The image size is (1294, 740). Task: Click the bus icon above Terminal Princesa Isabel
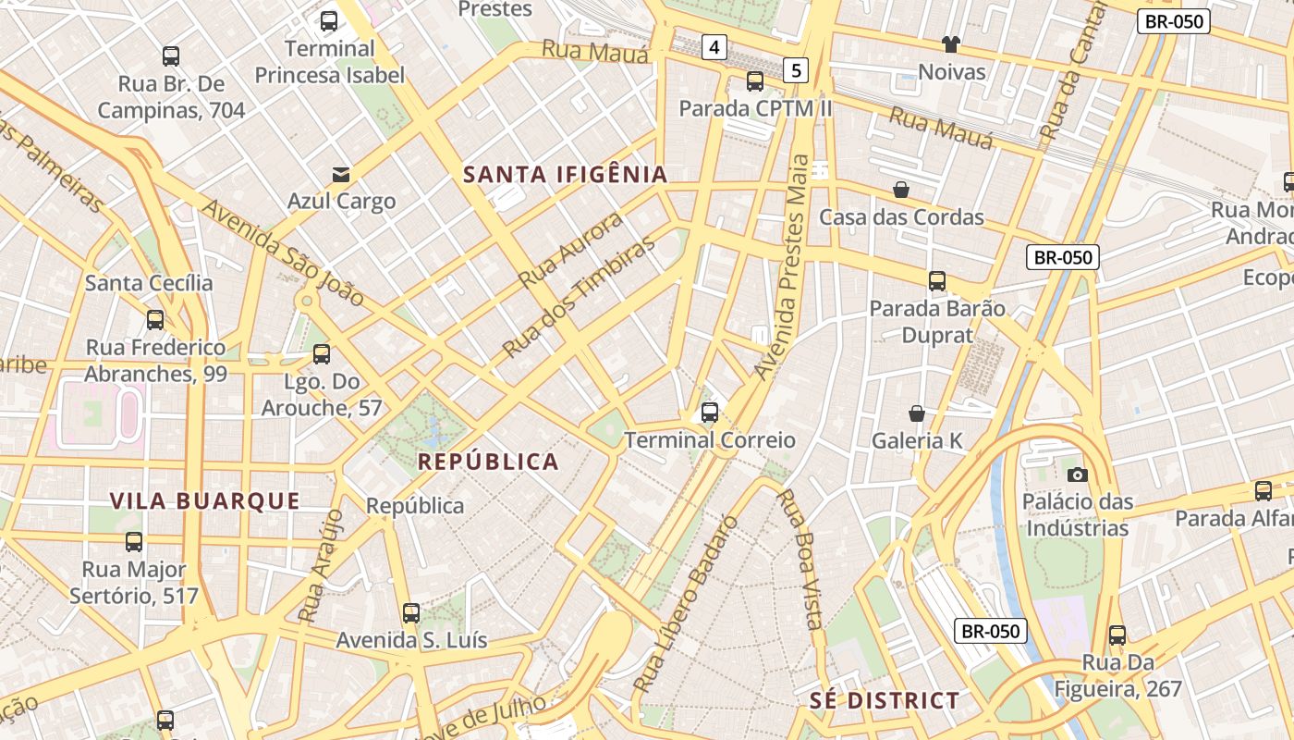point(329,21)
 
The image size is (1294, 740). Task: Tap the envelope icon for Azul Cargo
point(341,174)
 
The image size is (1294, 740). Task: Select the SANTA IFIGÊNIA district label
point(565,174)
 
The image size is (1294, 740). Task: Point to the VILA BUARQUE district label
point(205,501)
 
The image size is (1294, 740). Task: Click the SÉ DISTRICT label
point(885,700)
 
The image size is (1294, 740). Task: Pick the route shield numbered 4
point(714,46)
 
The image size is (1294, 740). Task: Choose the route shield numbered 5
point(797,69)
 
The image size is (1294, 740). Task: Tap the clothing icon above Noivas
point(951,44)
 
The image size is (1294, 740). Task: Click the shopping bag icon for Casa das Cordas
point(901,190)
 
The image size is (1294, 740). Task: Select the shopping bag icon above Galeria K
point(917,413)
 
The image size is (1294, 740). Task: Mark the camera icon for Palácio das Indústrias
point(1077,475)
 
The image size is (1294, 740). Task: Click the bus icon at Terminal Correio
point(710,413)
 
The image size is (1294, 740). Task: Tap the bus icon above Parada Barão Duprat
point(937,280)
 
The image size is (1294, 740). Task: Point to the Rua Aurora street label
point(570,250)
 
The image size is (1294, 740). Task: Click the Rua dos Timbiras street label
point(579,296)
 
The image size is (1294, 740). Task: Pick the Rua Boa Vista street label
point(800,559)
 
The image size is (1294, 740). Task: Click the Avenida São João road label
point(283,253)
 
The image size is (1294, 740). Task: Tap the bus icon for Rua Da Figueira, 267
point(1117,635)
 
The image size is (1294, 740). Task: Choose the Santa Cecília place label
point(149,283)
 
